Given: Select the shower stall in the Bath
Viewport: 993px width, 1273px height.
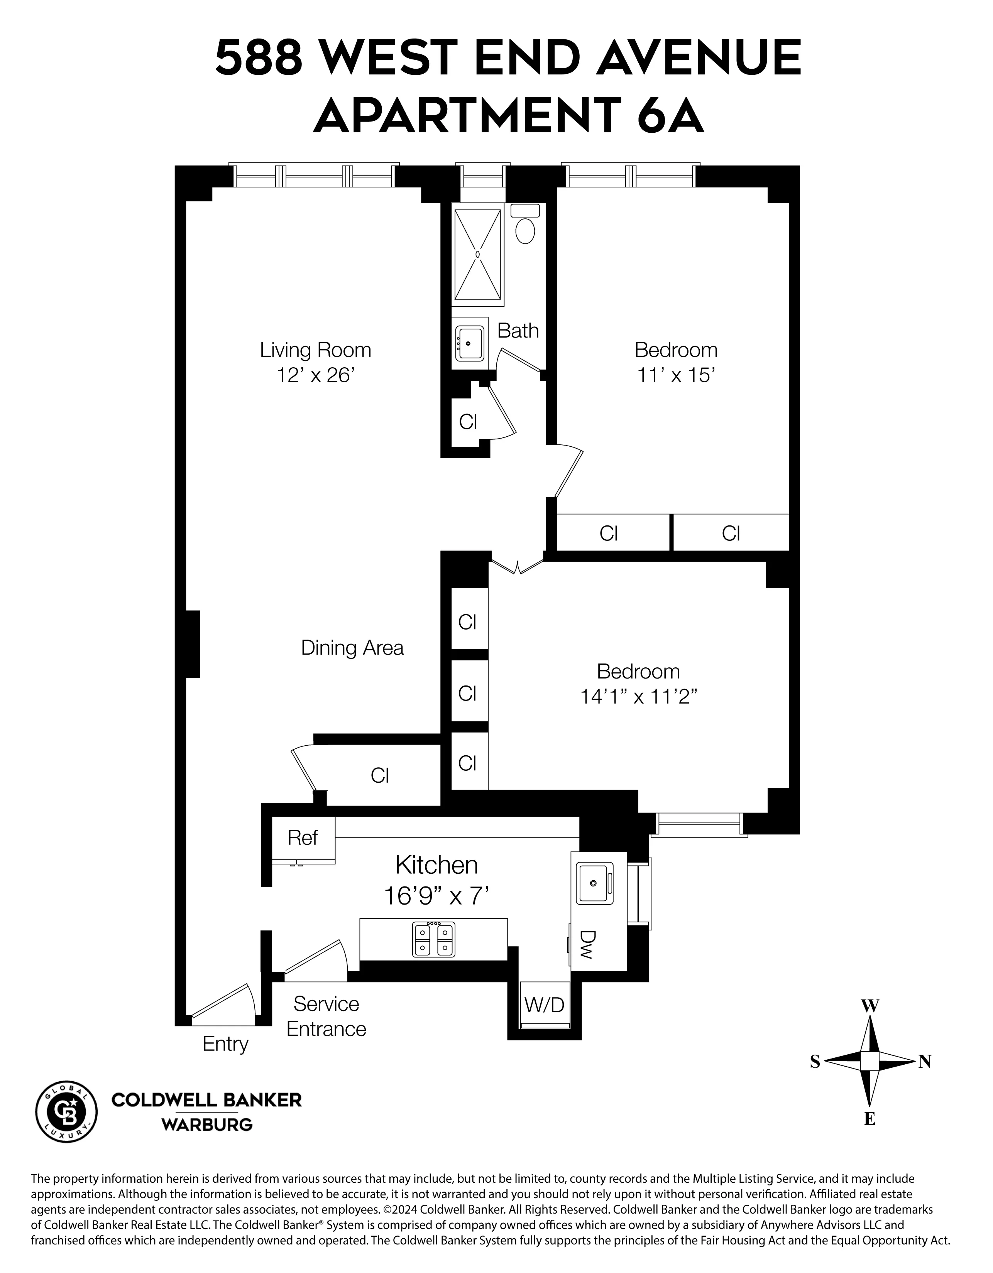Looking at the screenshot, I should click(x=477, y=255).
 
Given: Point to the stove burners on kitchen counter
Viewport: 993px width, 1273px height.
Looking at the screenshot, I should click(x=433, y=939).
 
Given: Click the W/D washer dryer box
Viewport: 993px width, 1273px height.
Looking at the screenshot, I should click(x=545, y=1004).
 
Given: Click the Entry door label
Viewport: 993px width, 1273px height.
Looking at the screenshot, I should click(x=225, y=1043).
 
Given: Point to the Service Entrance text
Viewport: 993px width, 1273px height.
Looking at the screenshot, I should click(x=326, y=1016).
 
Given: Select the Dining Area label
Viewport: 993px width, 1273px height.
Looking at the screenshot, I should click(x=352, y=648).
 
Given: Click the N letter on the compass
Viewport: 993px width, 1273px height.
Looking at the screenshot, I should click(x=925, y=1061).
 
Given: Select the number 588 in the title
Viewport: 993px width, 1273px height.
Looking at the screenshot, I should click(x=259, y=58).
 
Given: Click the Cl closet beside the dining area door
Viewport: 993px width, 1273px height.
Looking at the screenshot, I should click(x=380, y=775).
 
